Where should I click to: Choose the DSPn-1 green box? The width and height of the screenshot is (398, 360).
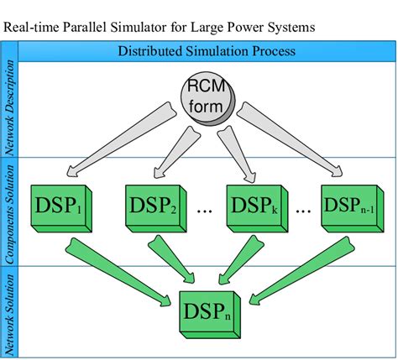(x=351, y=204)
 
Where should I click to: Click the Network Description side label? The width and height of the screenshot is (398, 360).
(x=10, y=109)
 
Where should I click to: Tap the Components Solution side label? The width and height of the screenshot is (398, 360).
(x=10, y=210)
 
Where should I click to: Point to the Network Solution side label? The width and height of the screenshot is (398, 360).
(x=10, y=310)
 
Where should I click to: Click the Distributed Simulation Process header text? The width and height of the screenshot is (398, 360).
(x=206, y=51)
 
